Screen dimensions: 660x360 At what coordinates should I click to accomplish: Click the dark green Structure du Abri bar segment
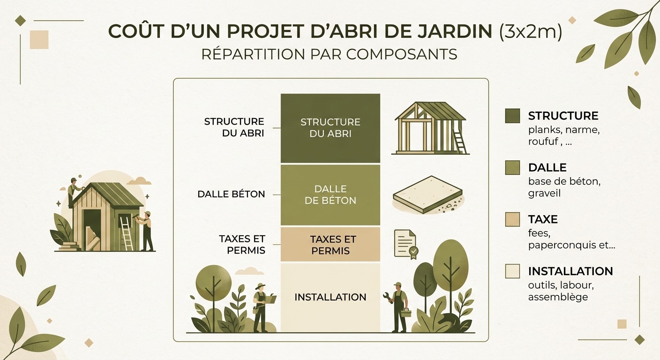[x=330, y=128]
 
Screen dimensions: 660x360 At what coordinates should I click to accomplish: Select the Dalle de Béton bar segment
[x=330, y=195]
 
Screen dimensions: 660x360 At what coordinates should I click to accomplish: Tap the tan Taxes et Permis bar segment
[x=330, y=244]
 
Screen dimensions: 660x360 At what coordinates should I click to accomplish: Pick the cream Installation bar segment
[x=330, y=297]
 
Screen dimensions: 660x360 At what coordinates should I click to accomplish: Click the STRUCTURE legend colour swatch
[x=512, y=116]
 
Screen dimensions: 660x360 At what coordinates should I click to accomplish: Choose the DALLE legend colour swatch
[x=512, y=168]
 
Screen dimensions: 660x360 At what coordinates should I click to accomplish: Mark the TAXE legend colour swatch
[x=512, y=219]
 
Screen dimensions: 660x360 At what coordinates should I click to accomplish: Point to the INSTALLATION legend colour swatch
[x=512, y=271]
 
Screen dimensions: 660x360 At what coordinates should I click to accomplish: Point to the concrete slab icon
[x=428, y=194]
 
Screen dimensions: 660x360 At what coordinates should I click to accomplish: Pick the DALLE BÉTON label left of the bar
[x=231, y=194]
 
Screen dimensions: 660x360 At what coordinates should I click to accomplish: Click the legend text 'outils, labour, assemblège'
[x=557, y=291]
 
